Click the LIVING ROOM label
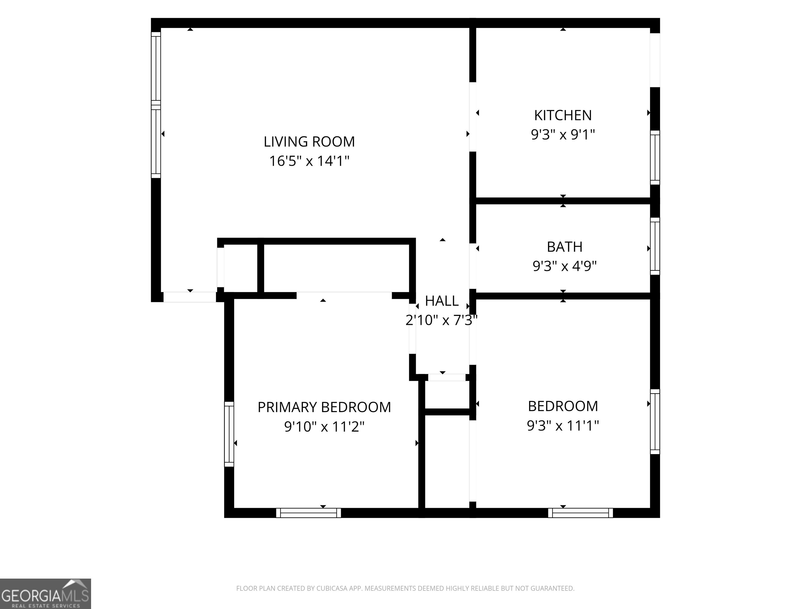(x=309, y=142)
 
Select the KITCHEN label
(x=563, y=116)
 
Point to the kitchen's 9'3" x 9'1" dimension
(x=563, y=135)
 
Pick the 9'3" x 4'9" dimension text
(x=565, y=266)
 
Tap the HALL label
(x=441, y=301)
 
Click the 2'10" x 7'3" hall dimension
(x=441, y=320)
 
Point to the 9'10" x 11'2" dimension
(x=324, y=427)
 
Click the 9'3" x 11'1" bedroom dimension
(x=563, y=426)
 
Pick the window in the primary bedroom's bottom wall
(x=308, y=513)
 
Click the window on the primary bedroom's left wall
(x=229, y=434)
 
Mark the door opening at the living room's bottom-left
(x=190, y=297)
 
